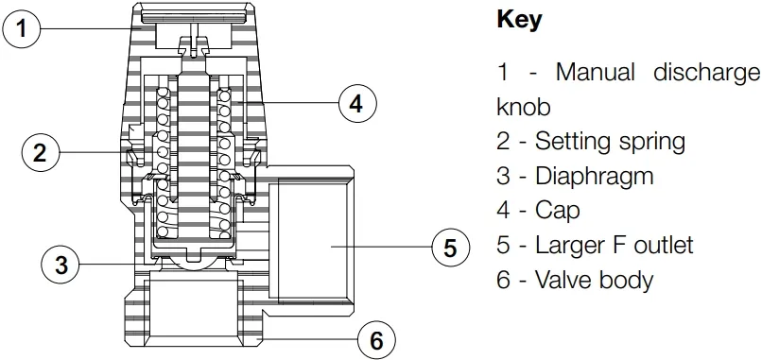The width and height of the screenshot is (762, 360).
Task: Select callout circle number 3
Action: pyautogui.click(x=61, y=266)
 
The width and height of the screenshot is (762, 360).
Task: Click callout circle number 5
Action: pyautogui.click(x=450, y=248)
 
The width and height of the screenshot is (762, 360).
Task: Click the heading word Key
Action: pyautogui.click(x=519, y=20)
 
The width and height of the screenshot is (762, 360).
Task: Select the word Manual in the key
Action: pyautogui.click(x=595, y=72)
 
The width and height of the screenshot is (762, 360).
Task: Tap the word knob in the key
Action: pyautogui.click(x=523, y=106)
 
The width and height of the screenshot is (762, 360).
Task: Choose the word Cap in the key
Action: pyautogui.click(x=558, y=210)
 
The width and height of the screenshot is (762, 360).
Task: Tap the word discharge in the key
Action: pyautogui.click(x=706, y=72)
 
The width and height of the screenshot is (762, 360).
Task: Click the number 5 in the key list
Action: pyautogui.click(x=503, y=245)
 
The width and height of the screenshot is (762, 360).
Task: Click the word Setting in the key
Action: pyautogui.click(x=571, y=142)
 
